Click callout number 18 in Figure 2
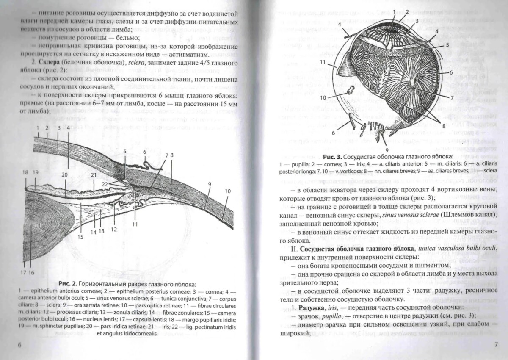coord(26,172)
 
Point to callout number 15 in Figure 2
coord(79,237)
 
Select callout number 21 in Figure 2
coord(94,174)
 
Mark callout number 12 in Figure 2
coord(113,229)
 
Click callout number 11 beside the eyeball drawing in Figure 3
coord(322,62)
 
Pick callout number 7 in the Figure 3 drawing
coord(452,97)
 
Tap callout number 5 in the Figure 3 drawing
coord(447,44)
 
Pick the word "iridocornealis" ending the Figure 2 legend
coord(138,333)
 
